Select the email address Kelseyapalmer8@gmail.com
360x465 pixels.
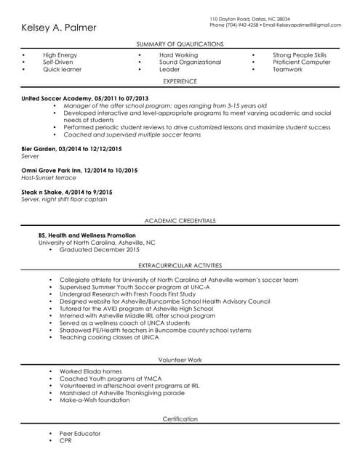(x=308, y=25)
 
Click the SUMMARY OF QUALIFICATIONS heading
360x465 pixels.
(x=180, y=44)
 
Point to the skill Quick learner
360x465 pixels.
(x=62, y=70)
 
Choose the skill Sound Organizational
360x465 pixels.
(x=190, y=62)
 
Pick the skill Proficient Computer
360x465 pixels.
(x=301, y=62)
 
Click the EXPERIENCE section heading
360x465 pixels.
(x=180, y=82)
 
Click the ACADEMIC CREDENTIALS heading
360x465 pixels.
(x=180, y=221)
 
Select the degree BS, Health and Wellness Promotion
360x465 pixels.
(x=87, y=235)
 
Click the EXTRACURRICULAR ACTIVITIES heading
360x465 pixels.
(x=180, y=266)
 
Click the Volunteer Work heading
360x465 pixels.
(x=180, y=360)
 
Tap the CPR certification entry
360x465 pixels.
(x=65, y=441)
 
